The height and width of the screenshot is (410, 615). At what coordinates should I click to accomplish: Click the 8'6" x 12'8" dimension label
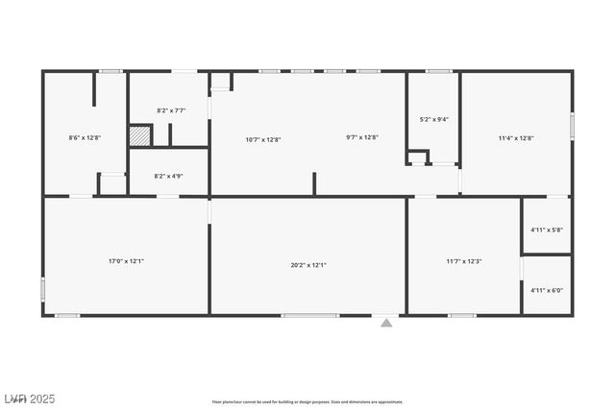(x=85, y=137)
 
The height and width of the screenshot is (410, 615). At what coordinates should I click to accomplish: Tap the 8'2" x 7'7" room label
(x=171, y=110)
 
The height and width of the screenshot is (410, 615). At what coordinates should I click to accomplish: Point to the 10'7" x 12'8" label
(x=263, y=139)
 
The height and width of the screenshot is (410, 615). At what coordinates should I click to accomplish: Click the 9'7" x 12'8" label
(x=362, y=137)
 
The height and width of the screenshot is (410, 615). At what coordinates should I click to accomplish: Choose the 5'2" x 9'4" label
(x=434, y=119)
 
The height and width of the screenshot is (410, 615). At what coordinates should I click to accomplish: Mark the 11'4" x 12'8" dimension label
(x=516, y=137)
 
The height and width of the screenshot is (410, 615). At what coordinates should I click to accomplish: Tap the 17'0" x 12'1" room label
(x=126, y=260)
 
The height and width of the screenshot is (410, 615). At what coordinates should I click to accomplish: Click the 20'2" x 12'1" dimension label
(x=308, y=264)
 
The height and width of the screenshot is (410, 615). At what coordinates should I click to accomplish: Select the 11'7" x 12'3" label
(x=463, y=260)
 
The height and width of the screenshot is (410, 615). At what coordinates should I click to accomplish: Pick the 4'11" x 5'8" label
(x=547, y=229)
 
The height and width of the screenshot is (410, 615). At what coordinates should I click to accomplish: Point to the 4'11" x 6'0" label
(x=547, y=290)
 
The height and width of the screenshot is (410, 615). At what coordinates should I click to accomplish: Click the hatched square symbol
(x=140, y=136)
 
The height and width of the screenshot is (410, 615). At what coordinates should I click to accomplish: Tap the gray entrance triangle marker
(x=386, y=323)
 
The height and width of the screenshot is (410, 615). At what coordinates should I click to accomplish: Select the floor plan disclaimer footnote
(x=307, y=401)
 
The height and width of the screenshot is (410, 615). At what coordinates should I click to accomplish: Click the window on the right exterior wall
(x=573, y=126)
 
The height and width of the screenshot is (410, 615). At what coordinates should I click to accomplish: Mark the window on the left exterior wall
(x=42, y=287)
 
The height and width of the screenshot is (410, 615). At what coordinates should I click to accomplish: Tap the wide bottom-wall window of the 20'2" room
(x=310, y=315)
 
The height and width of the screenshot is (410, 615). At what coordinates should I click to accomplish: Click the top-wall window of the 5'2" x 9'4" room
(x=439, y=71)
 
